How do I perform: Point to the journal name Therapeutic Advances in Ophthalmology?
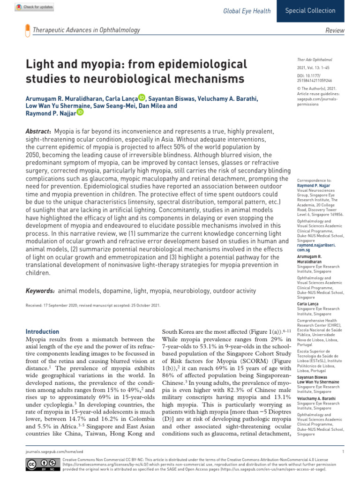(x=86, y=30)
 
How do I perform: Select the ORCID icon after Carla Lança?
(x=142, y=97)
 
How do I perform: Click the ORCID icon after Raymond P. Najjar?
(x=80, y=112)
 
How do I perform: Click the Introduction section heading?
(x=42, y=331)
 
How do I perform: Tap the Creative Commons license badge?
(x=38, y=465)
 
